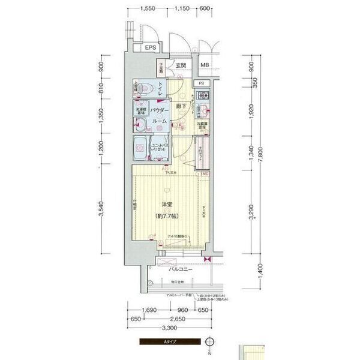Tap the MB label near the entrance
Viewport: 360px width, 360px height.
pos(205,65)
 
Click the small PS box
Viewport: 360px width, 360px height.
pos(202,83)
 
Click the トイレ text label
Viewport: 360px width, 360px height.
pos(160,90)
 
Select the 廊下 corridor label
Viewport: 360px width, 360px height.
pos(180,106)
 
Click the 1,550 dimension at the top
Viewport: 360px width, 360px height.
pos(148,9)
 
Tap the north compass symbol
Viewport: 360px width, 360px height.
pos(209,343)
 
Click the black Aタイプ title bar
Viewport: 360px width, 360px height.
pos(170,343)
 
